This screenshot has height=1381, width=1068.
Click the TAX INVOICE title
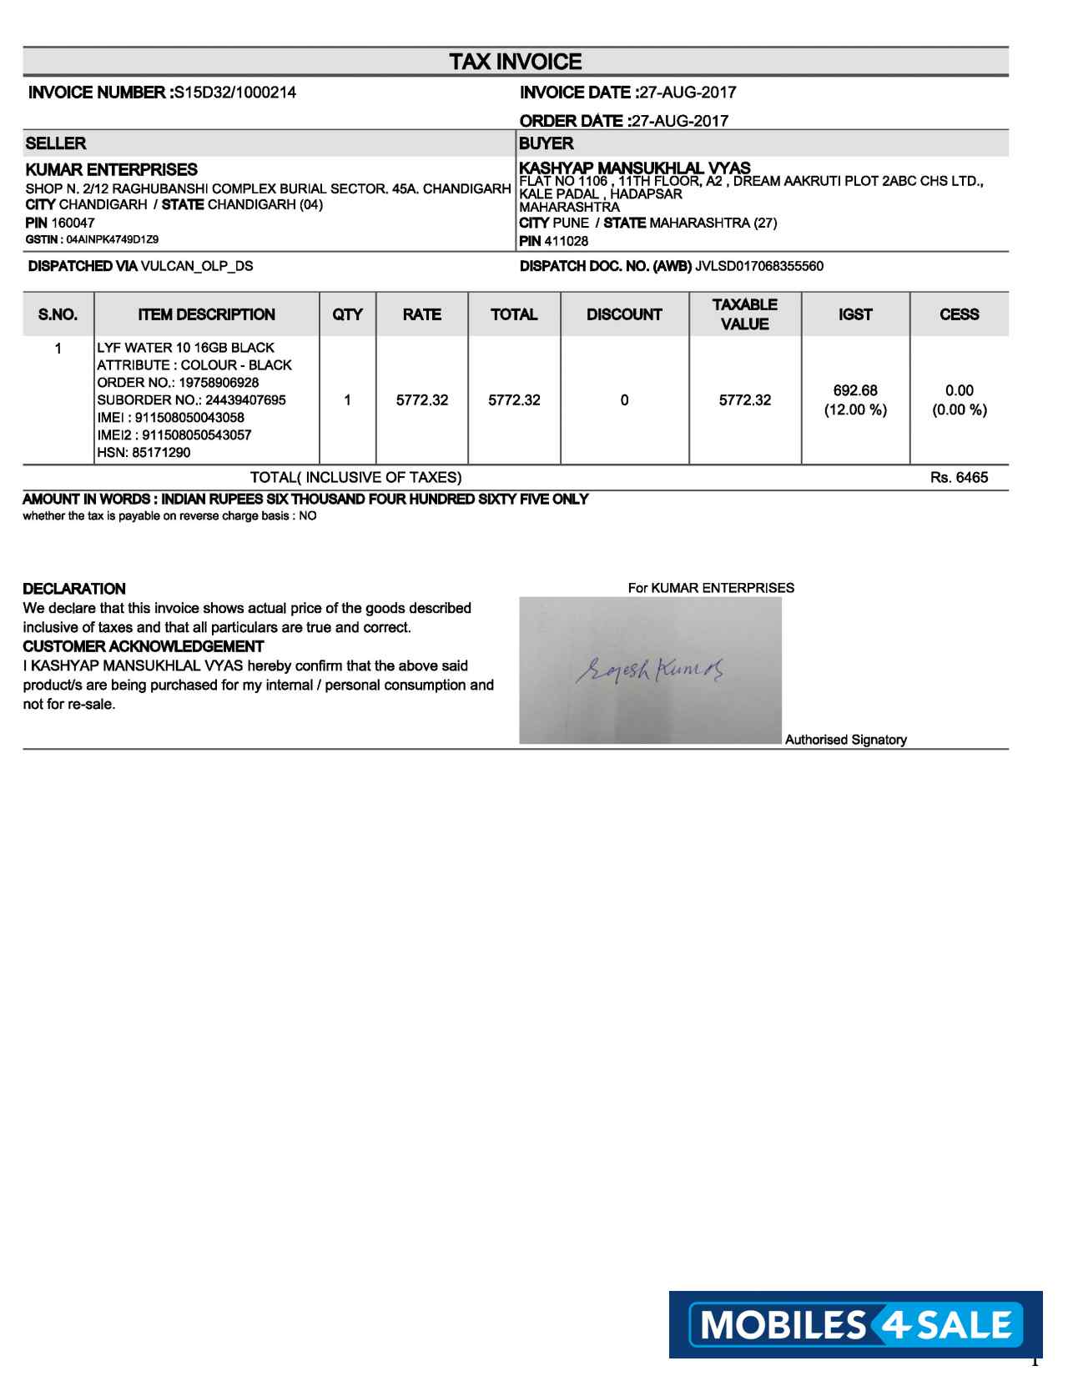(x=515, y=62)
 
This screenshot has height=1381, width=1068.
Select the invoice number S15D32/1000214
(x=234, y=93)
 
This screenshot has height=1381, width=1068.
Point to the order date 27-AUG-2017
(x=680, y=121)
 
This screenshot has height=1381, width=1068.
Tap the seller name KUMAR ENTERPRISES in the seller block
(x=112, y=169)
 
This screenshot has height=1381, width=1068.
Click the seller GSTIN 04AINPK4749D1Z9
(x=112, y=239)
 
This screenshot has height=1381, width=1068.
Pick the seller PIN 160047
(x=73, y=223)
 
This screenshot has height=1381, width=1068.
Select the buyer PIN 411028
(x=566, y=241)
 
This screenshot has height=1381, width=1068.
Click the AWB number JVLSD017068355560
(x=758, y=266)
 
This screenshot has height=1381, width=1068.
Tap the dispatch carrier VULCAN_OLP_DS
(x=197, y=266)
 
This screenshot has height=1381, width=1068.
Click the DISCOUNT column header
(x=624, y=314)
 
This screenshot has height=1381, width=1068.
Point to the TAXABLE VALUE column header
(x=744, y=314)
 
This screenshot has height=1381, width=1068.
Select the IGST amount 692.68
(x=855, y=390)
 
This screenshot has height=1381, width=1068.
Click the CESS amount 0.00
(x=959, y=390)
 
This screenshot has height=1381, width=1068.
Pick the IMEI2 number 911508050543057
(x=197, y=434)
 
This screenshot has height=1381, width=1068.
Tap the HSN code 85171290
(x=161, y=452)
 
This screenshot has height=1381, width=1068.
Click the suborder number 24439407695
(x=245, y=399)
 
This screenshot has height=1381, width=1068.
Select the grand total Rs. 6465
(x=959, y=478)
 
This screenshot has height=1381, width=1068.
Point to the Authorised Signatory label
(x=845, y=740)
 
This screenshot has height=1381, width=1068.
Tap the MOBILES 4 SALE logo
(x=855, y=1324)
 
